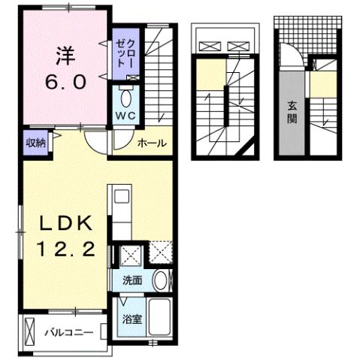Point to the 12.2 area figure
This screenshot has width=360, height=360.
(x=65, y=250)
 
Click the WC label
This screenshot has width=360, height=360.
(x=124, y=116)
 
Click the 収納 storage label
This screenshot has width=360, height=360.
(x=35, y=143)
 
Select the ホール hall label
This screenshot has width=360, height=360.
(x=151, y=143)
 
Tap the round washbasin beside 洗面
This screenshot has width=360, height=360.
(x=160, y=281)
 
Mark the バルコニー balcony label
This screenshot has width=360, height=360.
(x=68, y=331)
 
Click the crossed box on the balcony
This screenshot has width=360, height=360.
(x=30, y=331)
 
